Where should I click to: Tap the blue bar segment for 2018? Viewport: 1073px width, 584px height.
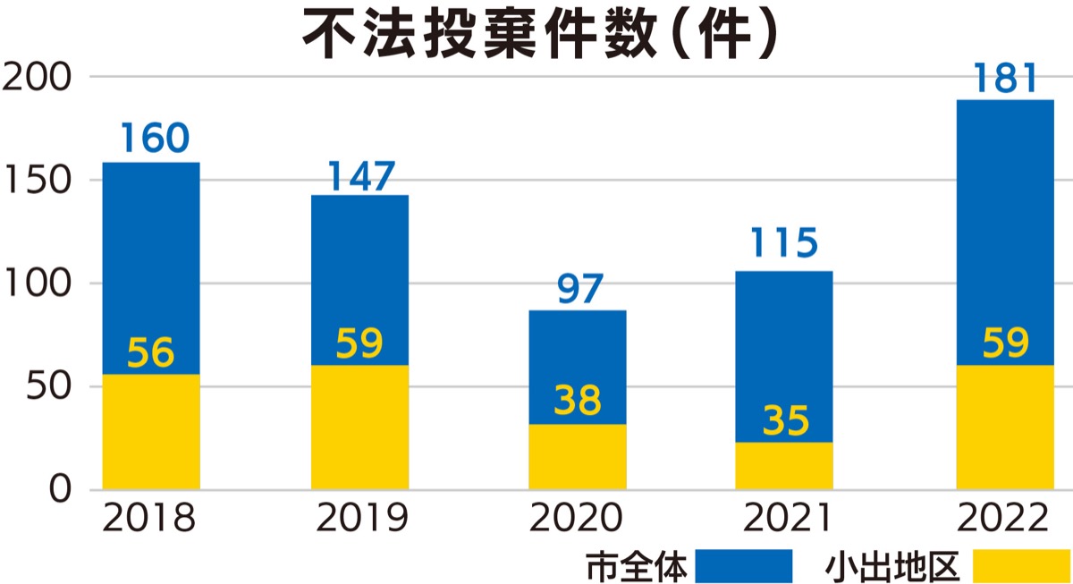pyautogui.click(x=150, y=268)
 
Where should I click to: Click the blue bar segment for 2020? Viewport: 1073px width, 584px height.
pyautogui.click(x=577, y=367)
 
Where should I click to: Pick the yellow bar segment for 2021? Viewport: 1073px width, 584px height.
pyautogui.click(x=784, y=466)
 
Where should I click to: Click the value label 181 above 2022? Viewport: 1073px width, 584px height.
pyautogui.click(x=1005, y=80)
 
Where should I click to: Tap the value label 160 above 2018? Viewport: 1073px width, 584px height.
pyautogui.click(x=154, y=140)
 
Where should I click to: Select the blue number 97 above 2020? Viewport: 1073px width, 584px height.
pyautogui.click(x=579, y=289)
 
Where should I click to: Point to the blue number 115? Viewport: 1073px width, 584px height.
pyautogui.click(x=783, y=243)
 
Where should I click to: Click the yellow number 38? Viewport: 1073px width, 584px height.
pyautogui.click(x=577, y=401)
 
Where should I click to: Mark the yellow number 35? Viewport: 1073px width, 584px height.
pyautogui.click(x=785, y=421)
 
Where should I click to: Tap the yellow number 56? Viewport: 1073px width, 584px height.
pyautogui.click(x=150, y=354)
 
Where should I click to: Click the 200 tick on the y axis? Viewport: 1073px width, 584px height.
pyautogui.click(x=37, y=77)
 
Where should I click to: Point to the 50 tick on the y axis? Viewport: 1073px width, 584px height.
pyautogui.click(x=46, y=386)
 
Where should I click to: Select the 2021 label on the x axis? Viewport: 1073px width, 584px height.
pyautogui.click(x=783, y=519)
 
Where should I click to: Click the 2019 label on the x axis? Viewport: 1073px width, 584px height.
pyautogui.click(x=360, y=519)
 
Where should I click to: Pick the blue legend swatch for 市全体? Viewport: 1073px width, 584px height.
pyautogui.click(x=744, y=566)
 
